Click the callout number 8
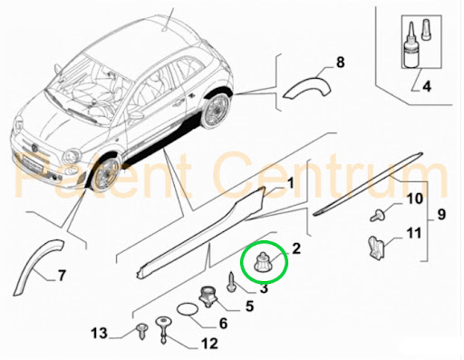coord(340,63)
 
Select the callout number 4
coord(427,86)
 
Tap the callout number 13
coord(100,334)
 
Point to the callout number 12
coord(209,344)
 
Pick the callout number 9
coord(441,214)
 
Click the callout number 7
coord(62,276)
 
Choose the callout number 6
coord(223,324)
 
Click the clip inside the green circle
coord(263,262)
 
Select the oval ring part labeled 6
coord(188,309)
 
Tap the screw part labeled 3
coord(232,282)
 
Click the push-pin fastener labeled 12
coord(163,330)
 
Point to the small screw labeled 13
coord(141,331)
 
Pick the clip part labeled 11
coord(375,248)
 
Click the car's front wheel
coord(107,175)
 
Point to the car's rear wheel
coord(216,110)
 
